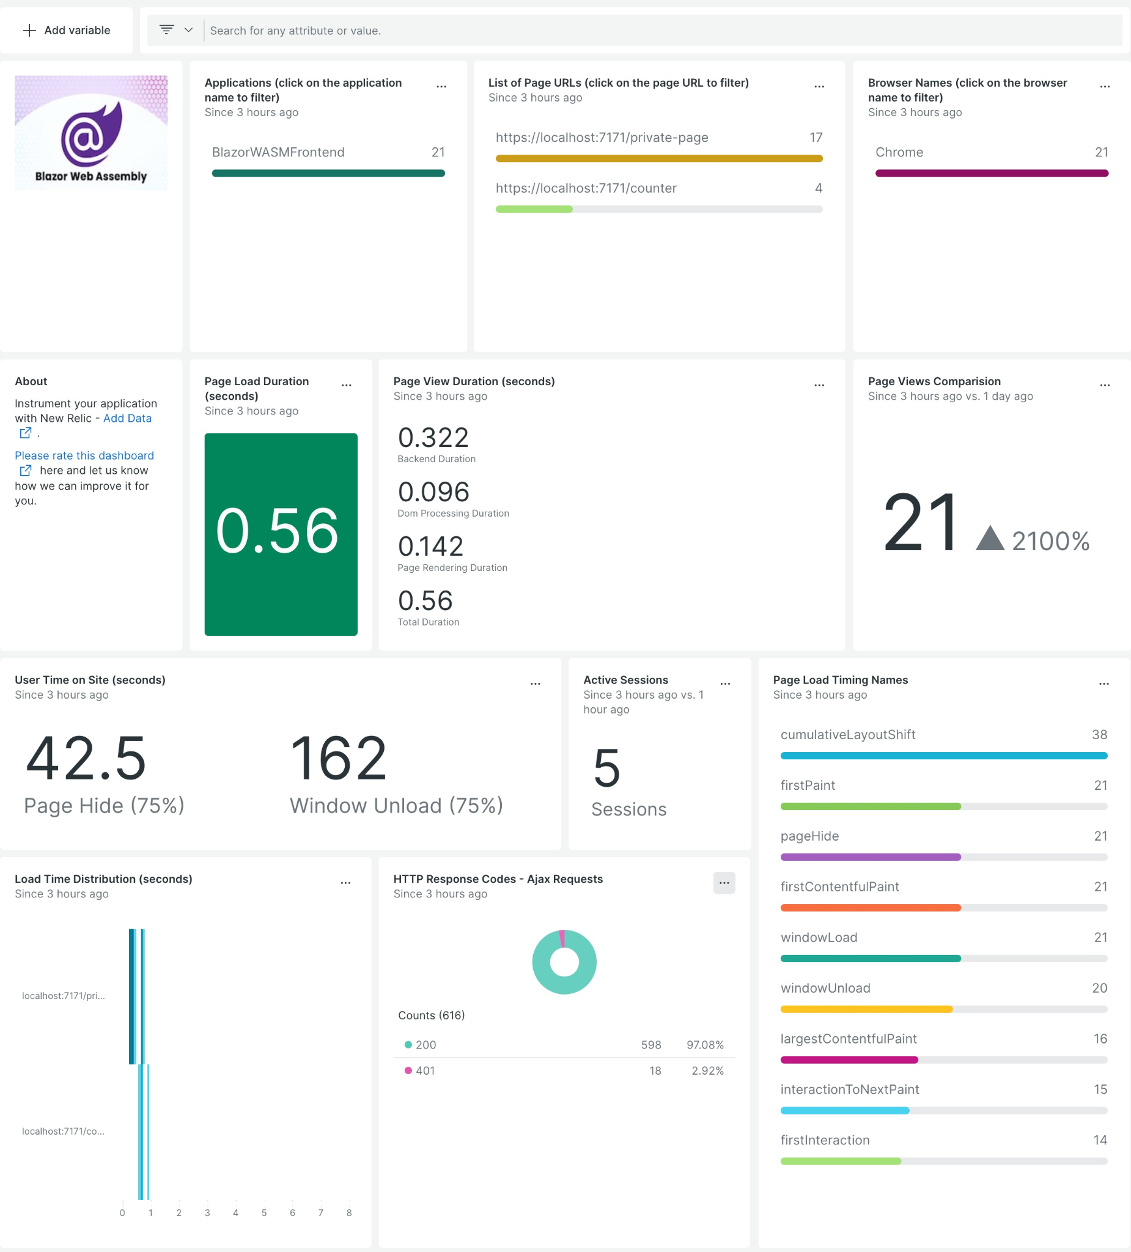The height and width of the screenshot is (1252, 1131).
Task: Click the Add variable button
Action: [x=67, y=31]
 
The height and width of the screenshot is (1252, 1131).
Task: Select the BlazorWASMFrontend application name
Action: [x=278, y=152]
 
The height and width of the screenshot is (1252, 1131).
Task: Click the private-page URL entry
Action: [x=601, y=138]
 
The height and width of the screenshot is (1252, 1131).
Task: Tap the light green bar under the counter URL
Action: [x=534, y=209]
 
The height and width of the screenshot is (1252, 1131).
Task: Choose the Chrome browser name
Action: [x=899, y=152]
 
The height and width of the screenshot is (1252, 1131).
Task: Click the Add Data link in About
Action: [x=127, y=418]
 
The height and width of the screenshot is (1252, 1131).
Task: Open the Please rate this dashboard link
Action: [x=84, y=455]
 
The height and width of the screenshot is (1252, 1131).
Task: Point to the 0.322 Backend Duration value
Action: [x=433, y=438]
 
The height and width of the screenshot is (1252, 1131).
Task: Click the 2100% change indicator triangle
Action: [x=989, y=539]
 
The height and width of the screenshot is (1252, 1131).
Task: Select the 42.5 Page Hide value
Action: [x=86, y=758]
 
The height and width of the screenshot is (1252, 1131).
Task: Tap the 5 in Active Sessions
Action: [x=606, y=768]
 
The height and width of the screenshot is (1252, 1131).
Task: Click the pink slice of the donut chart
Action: [x=562, y=938]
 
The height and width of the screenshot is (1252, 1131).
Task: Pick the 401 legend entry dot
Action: [x=408, y=1070]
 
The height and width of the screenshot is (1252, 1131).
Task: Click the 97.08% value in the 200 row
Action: [x=704, y=1045]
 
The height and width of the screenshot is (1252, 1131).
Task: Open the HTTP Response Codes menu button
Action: [x=724, y=883]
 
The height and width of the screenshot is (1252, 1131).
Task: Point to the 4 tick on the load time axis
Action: [x=235, y=1212]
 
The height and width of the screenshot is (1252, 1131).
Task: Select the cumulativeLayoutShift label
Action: [x=847, y=735]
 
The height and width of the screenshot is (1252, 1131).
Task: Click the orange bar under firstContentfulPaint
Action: [x=869, y=908]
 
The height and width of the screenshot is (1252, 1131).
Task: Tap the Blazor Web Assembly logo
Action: [x=91, y=133]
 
